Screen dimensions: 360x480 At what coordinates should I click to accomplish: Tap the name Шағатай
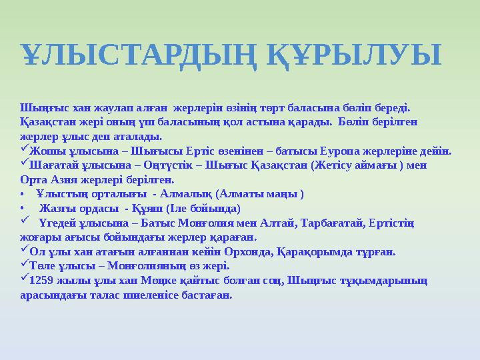click(52, 165)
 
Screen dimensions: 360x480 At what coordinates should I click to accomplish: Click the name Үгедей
click(57, 223)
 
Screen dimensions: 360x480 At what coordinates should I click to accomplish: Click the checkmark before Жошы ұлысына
click(25, 149)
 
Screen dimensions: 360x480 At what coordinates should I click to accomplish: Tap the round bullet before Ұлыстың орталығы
click(23, 194)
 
